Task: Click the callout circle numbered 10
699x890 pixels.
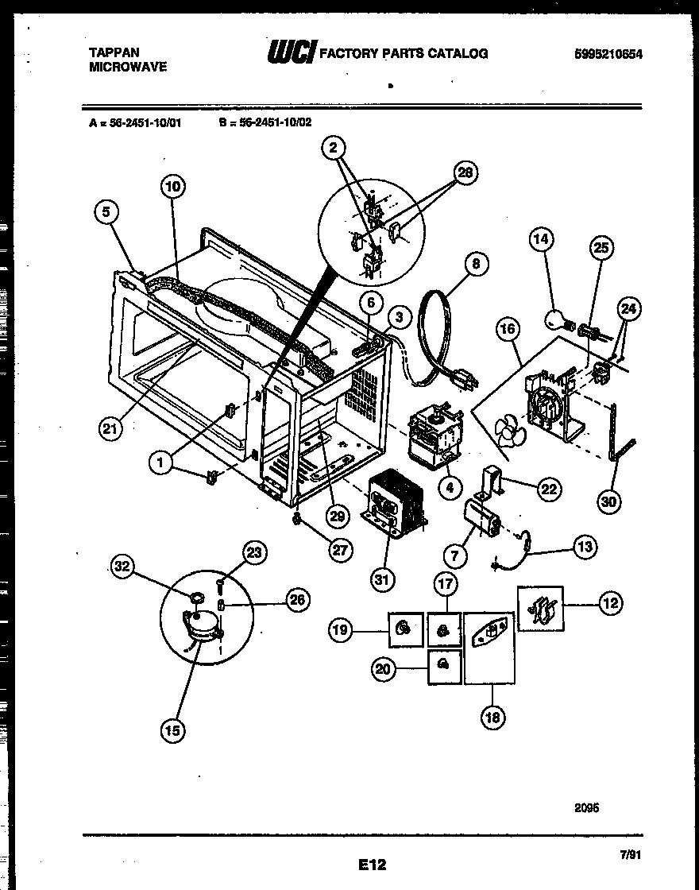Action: tap(172, 188)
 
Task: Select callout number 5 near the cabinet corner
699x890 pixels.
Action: tap(108, 212)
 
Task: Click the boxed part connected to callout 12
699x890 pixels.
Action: tap(540, 609)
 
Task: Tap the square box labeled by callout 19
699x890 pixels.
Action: tap(404, 631)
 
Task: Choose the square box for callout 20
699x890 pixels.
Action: tap(444, 667)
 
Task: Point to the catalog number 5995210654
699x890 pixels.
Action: tap(608, 54)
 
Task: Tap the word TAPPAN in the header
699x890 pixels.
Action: tap(113, 53)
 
